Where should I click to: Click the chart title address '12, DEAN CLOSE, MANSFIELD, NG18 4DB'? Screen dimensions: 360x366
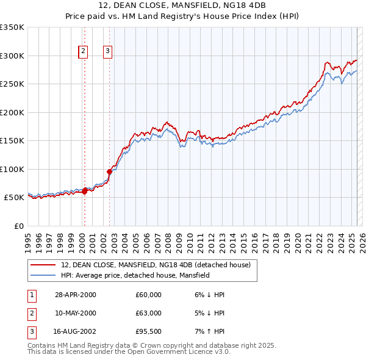pos(182,5)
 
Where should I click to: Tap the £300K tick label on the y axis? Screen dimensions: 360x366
pos(12,56)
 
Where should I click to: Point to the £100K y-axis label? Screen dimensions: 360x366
pos(12,169)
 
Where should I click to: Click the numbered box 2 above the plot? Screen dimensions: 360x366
pos(83,52)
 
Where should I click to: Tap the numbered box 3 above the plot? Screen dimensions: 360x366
pos(107,52)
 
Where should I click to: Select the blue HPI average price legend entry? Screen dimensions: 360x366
pos(135,275)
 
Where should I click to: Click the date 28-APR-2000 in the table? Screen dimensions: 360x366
pos(76,295)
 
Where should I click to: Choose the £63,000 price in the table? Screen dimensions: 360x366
pos(149,313)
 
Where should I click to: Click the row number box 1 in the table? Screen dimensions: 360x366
pos(31,295)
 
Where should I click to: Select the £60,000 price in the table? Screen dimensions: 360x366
pos(149,295)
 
